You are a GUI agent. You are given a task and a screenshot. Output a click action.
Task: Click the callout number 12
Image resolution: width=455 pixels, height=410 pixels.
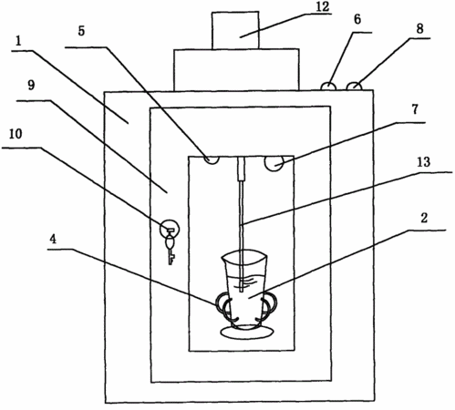pos(322,6)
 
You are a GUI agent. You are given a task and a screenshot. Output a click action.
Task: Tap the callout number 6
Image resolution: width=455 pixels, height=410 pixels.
pos(357,20)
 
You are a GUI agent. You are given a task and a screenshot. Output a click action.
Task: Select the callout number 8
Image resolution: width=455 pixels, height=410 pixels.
pos(419,29)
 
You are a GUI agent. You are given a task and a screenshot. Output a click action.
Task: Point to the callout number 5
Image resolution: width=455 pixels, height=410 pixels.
pos(81,31)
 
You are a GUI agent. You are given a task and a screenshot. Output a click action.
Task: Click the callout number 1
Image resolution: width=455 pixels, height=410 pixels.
pos(19,41)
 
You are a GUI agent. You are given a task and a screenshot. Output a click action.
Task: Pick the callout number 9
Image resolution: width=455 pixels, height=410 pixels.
pos(31,86)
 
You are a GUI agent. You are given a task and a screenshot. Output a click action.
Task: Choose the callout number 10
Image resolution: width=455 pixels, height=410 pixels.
pos(16,134)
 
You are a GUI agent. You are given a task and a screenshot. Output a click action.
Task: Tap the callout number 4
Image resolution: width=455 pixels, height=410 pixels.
pos(53,240)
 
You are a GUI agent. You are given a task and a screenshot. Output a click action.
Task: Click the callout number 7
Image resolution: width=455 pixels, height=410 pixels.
pos(415,109)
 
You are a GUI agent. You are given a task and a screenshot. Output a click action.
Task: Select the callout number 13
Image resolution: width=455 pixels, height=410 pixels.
pos(424,162)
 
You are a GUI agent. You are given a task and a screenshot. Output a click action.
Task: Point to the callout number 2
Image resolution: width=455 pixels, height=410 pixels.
pos(424,218)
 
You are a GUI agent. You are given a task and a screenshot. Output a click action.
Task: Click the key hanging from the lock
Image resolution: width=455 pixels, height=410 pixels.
pos(171,249)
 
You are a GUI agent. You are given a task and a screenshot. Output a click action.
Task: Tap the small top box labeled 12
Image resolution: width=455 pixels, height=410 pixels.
pos(235,30)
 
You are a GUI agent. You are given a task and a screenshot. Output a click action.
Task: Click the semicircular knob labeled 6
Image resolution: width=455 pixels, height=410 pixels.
pos(328,86)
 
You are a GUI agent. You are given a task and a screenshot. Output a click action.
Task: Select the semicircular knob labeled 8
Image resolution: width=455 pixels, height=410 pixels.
pos(355,86)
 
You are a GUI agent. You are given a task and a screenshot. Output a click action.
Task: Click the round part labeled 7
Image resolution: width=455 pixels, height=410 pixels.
pos(274,163)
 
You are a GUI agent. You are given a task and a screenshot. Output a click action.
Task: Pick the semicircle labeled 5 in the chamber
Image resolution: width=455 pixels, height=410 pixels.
pos(212,159)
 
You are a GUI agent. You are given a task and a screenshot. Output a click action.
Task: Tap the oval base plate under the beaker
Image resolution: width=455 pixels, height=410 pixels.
pos(246,332)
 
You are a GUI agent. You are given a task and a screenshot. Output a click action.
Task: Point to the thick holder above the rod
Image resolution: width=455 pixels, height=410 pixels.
pos(242,169)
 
